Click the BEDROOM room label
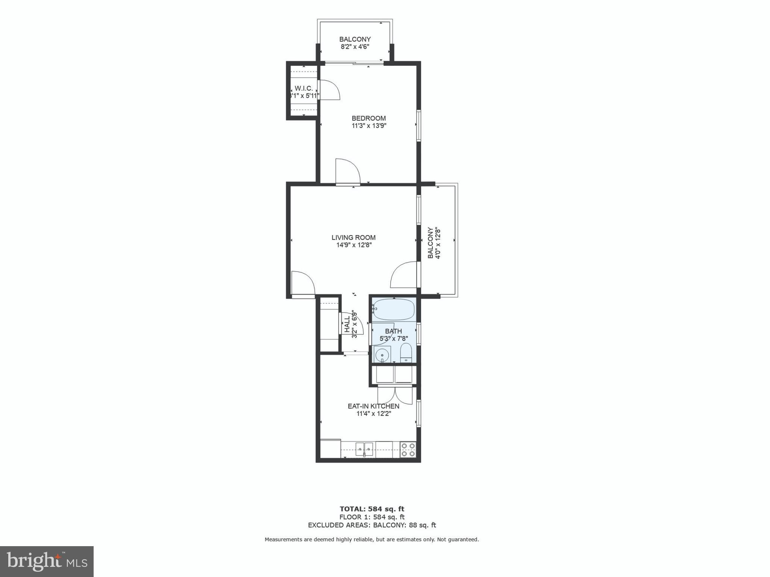[368, 118]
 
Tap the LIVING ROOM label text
[353, 237]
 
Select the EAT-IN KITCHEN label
[373, 406]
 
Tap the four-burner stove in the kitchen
[408, 449]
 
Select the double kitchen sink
[364, 449]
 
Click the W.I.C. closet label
[304, 88]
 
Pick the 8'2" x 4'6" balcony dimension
[355, 47]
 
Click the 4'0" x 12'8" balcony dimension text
[437, 243]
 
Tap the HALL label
[347, 324]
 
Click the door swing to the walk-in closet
[329, 90]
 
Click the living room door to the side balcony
[404, 275]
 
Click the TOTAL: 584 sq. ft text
[372, 509]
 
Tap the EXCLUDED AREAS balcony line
[372, 525]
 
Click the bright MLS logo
[47, 562]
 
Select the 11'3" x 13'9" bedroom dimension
[369, 126]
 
